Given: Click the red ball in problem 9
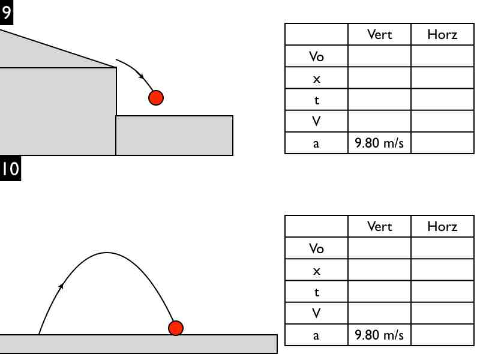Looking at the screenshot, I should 156,97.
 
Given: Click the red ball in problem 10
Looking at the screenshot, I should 175,328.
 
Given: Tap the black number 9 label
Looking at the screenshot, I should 6,13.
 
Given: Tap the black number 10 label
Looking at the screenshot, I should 10,169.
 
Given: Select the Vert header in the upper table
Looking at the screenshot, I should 379,34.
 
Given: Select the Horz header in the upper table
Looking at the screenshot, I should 442,34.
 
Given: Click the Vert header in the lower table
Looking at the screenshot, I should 379,226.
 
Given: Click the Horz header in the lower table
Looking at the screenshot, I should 442,226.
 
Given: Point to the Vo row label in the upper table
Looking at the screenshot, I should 316,57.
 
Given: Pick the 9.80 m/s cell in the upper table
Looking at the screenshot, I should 379,144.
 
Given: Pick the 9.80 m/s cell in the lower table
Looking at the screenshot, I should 379,335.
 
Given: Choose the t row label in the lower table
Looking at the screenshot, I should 316,292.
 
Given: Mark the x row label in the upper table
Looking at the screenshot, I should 316,79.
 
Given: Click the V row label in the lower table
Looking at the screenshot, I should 316,313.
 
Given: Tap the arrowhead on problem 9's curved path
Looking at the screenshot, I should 141,76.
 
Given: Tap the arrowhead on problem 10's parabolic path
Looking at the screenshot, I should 61,286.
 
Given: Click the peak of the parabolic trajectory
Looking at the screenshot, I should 107,253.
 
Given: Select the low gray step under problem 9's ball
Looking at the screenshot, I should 174,136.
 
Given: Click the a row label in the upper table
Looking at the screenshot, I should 316,144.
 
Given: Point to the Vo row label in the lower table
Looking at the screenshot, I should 316,248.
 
